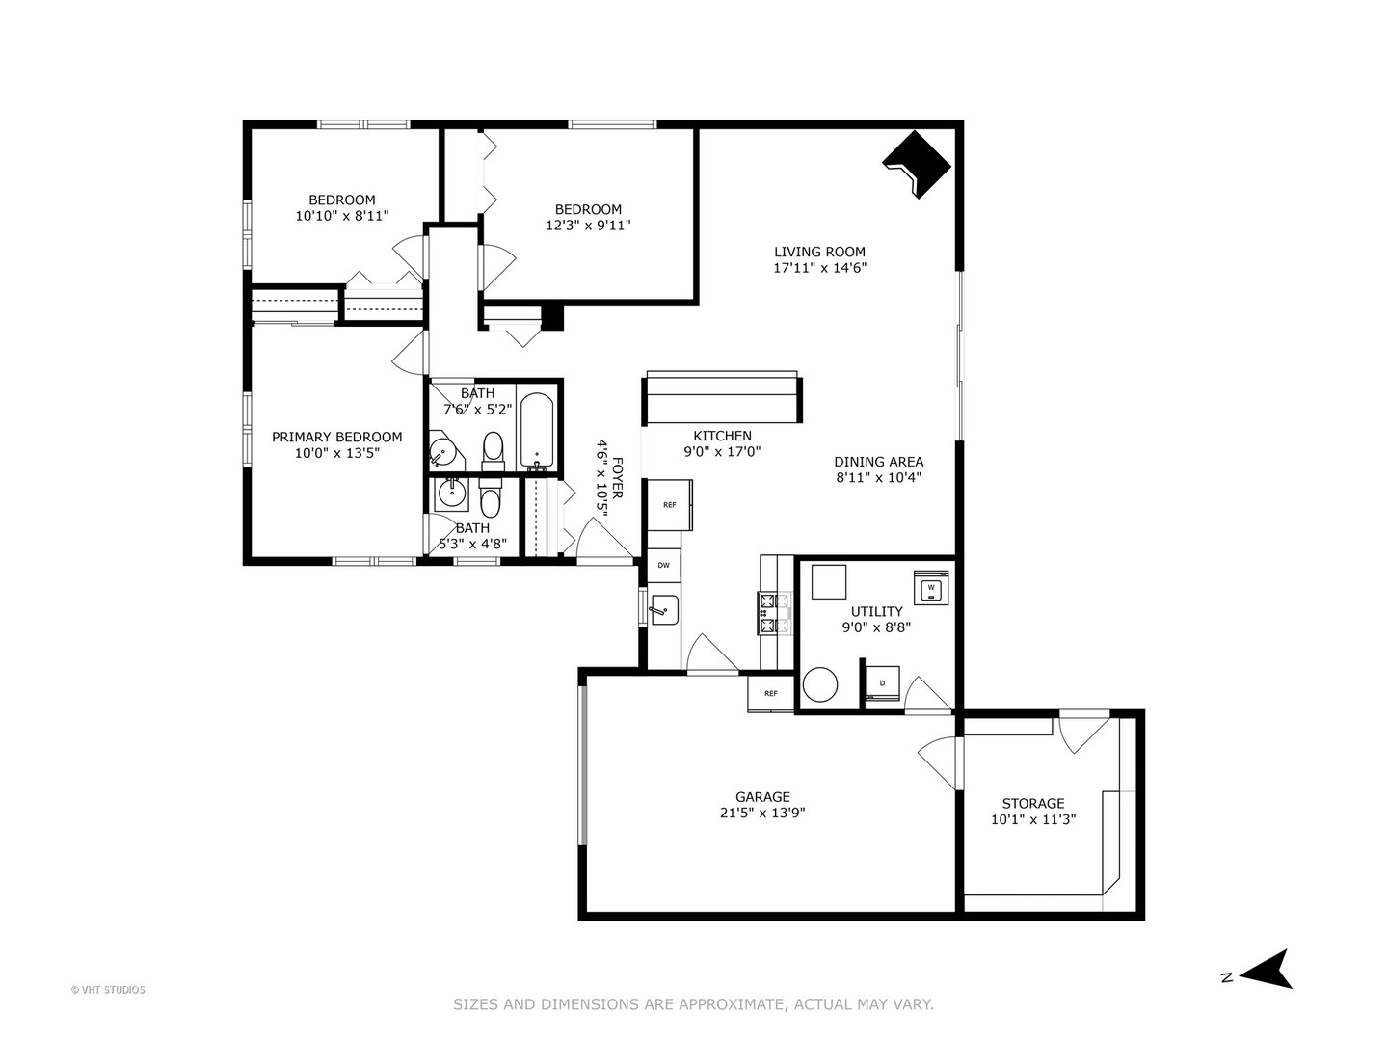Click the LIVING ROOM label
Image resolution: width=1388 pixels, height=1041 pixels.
[x=819, y=252]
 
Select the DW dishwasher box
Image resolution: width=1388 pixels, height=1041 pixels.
[x=663, y=566]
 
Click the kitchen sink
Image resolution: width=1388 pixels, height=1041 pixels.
[x=664, y=610]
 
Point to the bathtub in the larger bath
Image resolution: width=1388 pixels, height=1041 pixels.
[x=537, y=430]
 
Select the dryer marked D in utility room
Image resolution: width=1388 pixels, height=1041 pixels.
[x=882, y=682]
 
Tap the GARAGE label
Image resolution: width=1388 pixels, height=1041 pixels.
[x=762, y=796]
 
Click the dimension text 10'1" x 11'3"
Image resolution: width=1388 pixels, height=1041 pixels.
[x=1033, y=819]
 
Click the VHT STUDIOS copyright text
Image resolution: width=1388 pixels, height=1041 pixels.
[x=108, y=990]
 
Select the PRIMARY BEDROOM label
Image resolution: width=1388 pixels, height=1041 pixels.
[x=336, y=437]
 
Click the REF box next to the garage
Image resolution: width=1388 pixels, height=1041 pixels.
[x=771, y=693]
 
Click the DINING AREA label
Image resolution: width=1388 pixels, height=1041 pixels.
[x=878, y=462]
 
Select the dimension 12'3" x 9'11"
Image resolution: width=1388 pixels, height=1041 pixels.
[x=588, y=226]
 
